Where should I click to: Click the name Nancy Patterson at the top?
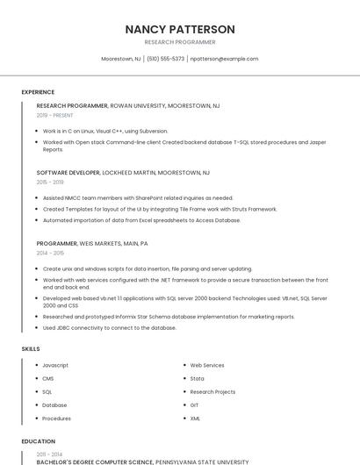coord(180,29)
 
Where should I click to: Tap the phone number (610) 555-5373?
coord(165,59)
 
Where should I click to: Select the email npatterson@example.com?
coord(224,59)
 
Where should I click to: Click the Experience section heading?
coord(38,92)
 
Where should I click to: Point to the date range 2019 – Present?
coord(55,115)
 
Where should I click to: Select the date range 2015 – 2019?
coord(50,182)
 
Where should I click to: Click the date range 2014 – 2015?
coord(50,253)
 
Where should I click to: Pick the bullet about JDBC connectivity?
coord(110,328)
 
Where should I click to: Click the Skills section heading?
coord(31,349)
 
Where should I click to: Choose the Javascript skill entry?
coord(55,365)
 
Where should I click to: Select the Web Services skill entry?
coord(207,365)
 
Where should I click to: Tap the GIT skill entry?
coord(195,405)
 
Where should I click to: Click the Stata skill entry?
coord(198,378)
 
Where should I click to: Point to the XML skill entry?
coord(196,418)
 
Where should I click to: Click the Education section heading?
coord(38,441)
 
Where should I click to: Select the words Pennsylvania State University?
coord(202,461)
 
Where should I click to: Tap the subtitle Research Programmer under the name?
coord(180,42)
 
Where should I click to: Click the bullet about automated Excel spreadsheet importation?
coord(141,220)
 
